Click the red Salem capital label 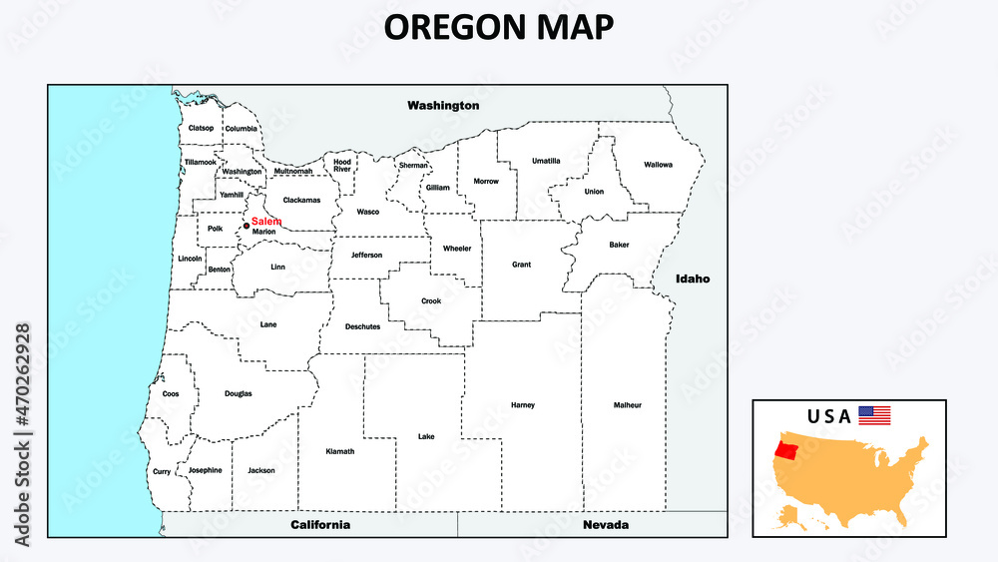pyautogui.click(x=265, y=221)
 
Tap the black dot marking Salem pyautogui.click(x=246, y=226)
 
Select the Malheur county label pyautogui.click(x=628, y=405)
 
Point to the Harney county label pyautogui.click(x=523, y=405)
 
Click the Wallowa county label pyautogui.click(x=659, y=164)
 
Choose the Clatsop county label pyautogui.click(x=201, y=128)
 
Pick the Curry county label pyautogui.click(x=162, y=471)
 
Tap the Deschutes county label pyautogui.click(x=362, y=326)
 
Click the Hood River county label pyautogui.click(x=342, y=165)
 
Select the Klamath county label pyautogui.click(x=340, y=451)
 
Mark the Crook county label pyautogui.click(x=431, y=300)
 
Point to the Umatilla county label pyautogui.click(x=546, y=160)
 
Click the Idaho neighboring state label pyautogui.click(x=692, y=279)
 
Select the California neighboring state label pyautogui.click(x=319, y=524)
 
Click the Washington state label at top pyautogui.click(x=443, y=105)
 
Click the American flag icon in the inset pyautogui.click(x=874, y=415)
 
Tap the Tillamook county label pyautogui.click(x=200, y=162)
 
